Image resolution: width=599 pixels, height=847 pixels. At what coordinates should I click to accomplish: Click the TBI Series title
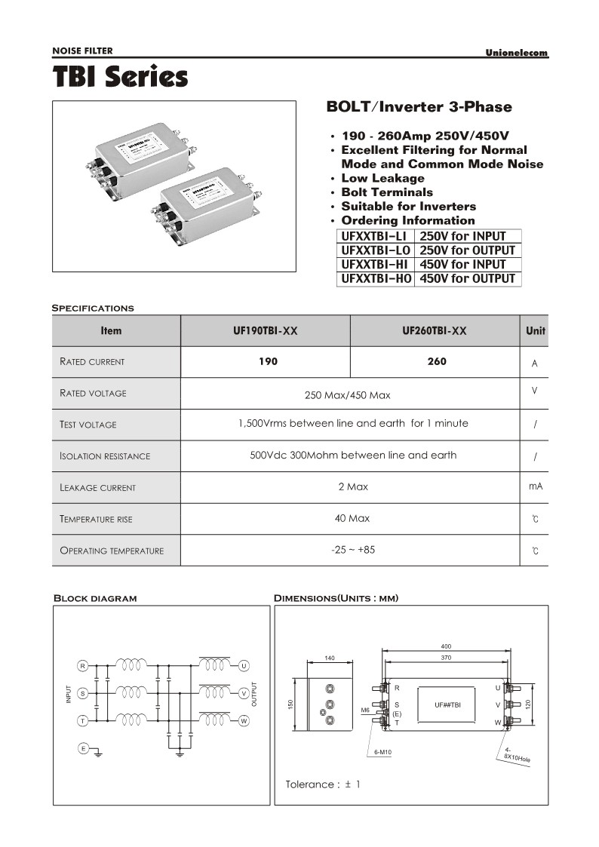pos(120,77)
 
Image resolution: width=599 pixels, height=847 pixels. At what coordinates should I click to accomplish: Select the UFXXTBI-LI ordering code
pos(374,236)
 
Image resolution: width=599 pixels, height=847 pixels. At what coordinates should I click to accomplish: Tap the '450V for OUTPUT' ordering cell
pos(467,279)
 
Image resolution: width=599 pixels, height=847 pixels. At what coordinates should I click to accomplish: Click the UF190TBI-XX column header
pos(266,331)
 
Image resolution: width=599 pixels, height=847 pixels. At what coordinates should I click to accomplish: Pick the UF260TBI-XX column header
pos(435,331)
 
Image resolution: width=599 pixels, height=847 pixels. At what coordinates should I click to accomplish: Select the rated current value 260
pos(436,361)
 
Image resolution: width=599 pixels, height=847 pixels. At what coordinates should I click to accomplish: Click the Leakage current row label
pos(97,488)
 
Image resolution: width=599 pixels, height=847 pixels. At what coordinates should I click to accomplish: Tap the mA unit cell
pos(535,487)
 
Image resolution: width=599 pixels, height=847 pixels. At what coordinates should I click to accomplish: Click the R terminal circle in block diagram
pos(82,665)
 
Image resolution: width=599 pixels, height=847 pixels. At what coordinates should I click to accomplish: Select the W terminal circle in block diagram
pos(244,721)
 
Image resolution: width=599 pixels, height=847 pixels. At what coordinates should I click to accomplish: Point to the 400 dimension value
pos(445,647)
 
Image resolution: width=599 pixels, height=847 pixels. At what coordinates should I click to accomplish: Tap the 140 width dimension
pos(329,658)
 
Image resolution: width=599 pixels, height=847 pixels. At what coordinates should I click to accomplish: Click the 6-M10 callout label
pos(385,753)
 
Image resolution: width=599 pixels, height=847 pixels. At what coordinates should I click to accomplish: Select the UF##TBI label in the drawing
pos(448,704)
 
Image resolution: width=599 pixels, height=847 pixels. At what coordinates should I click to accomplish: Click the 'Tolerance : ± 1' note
pos(323,784)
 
